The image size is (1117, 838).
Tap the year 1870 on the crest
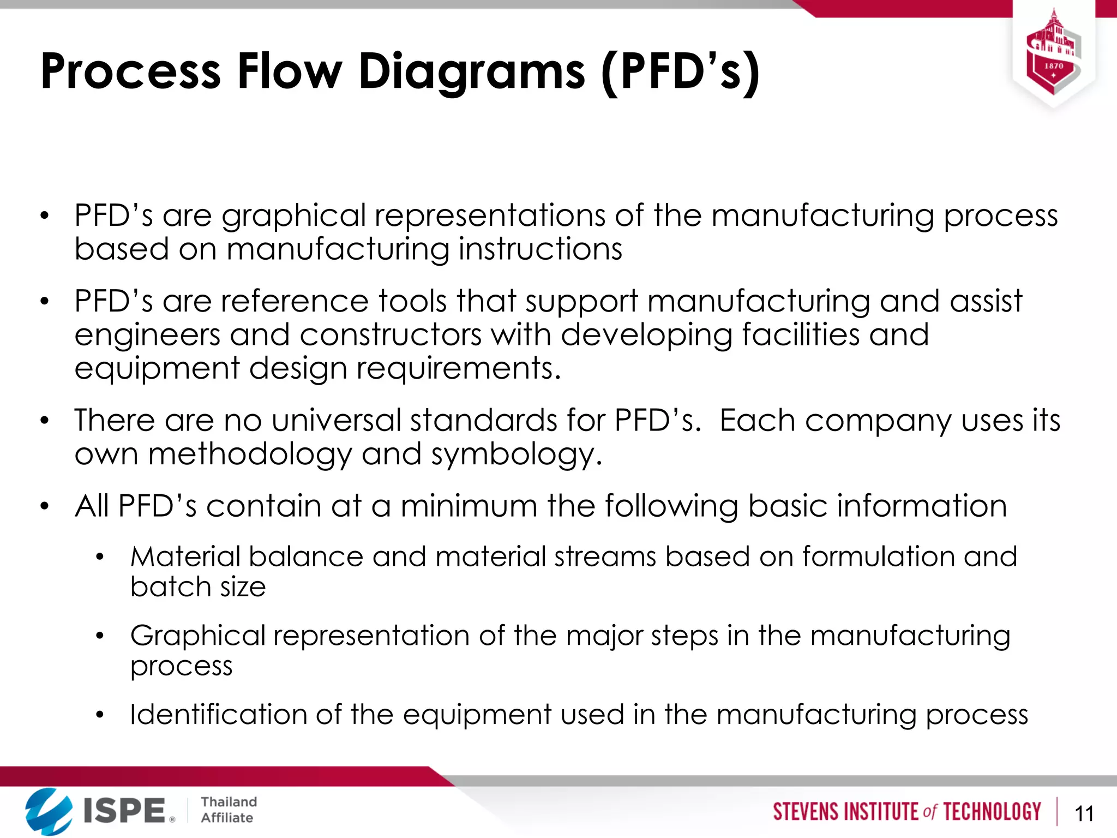point(1053,66)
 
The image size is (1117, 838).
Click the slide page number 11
point(1084,814)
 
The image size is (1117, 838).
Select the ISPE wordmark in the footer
point(125,810)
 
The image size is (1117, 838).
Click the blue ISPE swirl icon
point(48,811)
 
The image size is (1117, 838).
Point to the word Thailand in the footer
point(229,801)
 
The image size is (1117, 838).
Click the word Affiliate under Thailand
point(227,818)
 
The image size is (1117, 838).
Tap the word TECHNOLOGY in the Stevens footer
point(992,812)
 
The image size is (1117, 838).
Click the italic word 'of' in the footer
point(929,812)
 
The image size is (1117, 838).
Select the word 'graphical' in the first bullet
point(293,216)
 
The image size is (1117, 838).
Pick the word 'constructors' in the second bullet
point(391,334)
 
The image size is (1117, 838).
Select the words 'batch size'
point(198,587)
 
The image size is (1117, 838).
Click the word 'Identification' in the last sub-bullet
point(219,715)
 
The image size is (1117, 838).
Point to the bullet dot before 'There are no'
point(45,421)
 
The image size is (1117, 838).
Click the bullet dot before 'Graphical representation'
point(99,636)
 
